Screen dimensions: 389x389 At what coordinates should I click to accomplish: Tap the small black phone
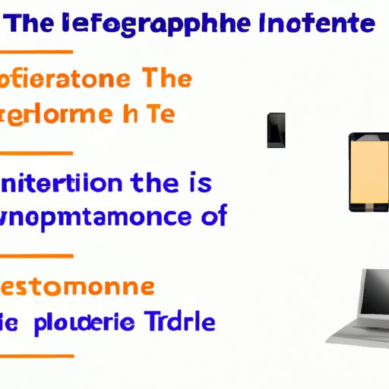276,129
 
